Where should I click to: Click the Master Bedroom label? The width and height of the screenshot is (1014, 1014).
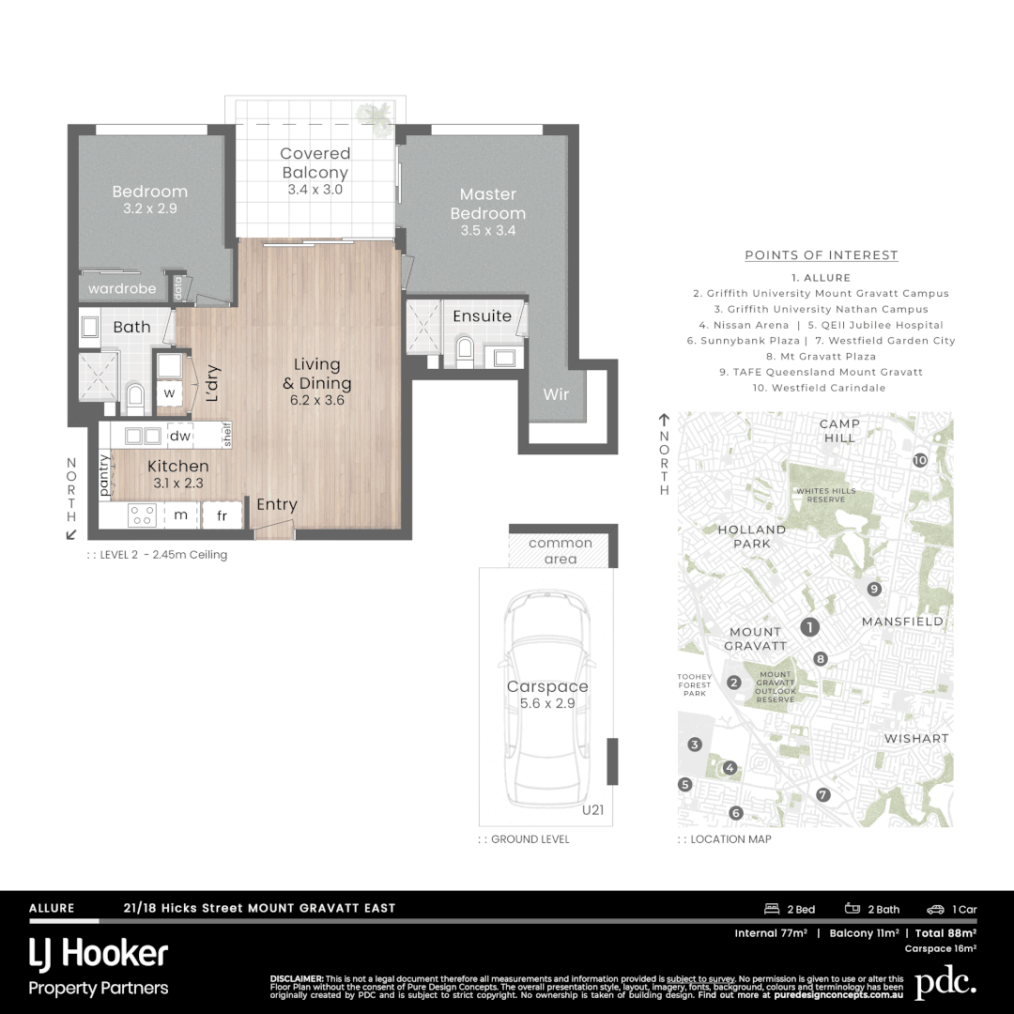487,204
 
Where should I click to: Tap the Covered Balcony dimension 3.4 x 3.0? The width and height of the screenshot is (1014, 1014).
315,190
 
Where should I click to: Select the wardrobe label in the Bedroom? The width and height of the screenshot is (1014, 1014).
122,288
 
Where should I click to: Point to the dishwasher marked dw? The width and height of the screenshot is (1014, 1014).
180,436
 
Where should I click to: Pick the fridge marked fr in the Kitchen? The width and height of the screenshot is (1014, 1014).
222,515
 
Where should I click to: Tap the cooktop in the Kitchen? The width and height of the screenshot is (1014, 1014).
142,515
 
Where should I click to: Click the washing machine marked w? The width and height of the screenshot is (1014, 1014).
169,392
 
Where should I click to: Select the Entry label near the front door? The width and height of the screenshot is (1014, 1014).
277,505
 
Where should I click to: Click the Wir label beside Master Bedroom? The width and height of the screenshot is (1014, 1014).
556,394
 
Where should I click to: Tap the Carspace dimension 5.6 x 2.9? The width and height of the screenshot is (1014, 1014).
547,703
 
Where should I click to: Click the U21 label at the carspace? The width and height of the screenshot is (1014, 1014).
592,809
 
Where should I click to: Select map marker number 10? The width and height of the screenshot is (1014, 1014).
920,460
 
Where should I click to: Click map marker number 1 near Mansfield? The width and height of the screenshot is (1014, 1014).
809,627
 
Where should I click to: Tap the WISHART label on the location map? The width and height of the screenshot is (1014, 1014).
916,739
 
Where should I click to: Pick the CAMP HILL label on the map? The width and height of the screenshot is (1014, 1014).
838,431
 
